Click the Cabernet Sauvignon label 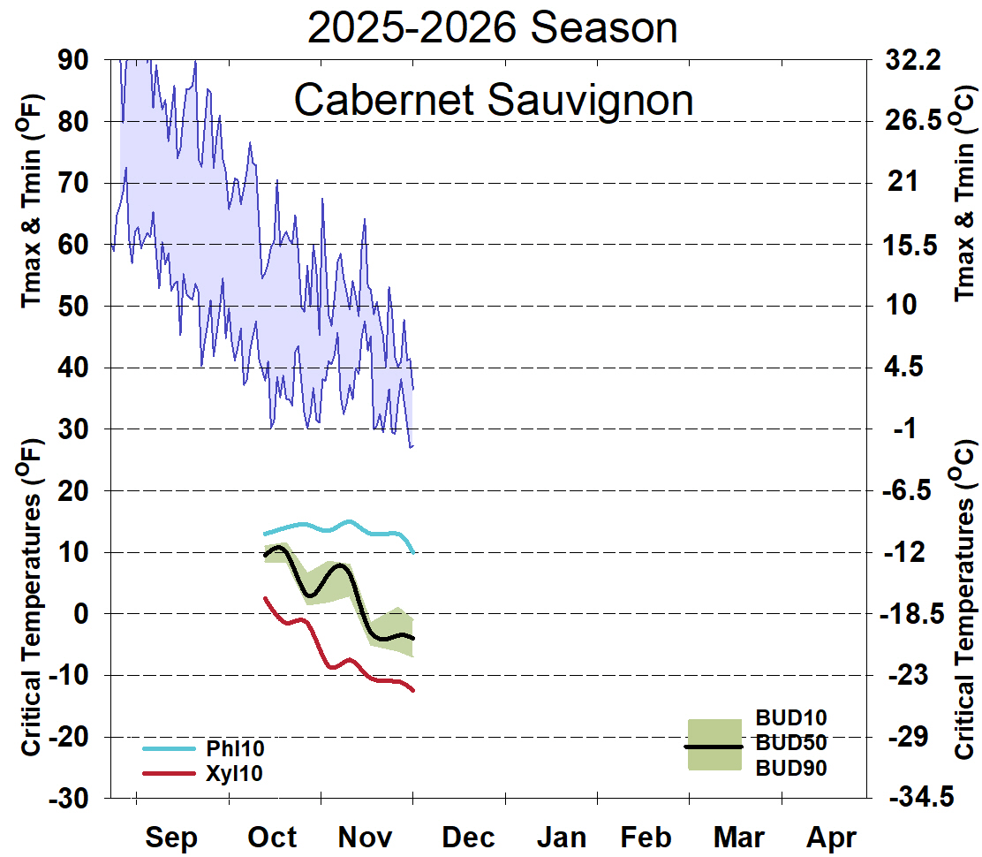point(493,99)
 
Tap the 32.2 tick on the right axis point(916,60)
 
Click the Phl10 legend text point(235,748)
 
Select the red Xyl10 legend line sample point(168,773)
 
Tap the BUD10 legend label point(791,717)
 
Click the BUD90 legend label point(791,768)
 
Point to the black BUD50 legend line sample point(714,747)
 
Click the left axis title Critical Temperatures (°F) point(30,596)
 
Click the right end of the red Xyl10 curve point(413,690)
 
